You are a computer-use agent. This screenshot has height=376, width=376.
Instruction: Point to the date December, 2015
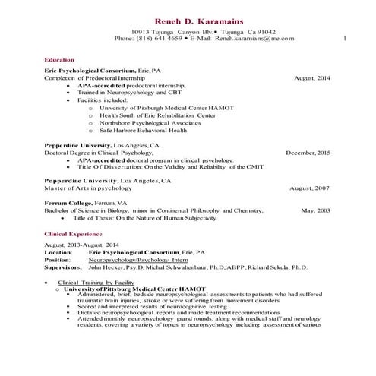tap(308, 153)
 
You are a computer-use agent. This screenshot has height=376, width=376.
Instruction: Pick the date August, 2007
tap(311, 187)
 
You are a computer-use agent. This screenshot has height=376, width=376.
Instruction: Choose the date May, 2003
tap(316, 210)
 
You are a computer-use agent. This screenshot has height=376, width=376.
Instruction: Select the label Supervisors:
tap(65, 268)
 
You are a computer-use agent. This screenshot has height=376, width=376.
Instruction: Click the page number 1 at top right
tap(346, 38)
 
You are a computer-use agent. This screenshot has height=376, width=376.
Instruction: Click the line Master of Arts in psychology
tap(88, 187)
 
